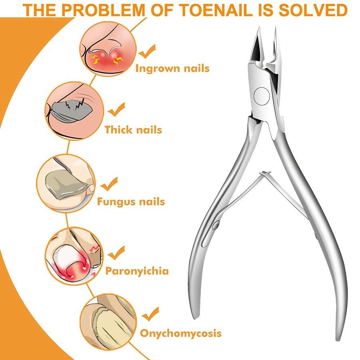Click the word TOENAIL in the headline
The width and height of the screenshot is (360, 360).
click(215, 10)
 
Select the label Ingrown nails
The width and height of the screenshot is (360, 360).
click(172, 68)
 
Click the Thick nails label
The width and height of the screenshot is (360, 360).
click(133, 130)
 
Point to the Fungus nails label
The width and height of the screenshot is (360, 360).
click(131, 202)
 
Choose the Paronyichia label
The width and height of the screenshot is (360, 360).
click(137, 271)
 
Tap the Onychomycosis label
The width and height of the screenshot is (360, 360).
click(181, 333)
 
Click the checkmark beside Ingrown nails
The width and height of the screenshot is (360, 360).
click(147, 52)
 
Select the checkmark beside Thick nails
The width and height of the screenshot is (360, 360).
click(117, 110)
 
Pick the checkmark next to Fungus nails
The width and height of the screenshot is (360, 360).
click(109, 184)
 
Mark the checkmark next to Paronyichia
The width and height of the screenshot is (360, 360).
click(116, 252)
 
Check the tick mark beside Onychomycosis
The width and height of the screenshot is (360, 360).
click(150, 314)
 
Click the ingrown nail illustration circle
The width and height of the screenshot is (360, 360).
click(108, 48)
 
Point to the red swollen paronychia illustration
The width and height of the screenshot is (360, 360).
click(74, 256)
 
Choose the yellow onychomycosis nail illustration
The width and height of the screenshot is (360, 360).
click(108, 322)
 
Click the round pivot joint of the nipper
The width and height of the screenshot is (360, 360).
click(262, 96)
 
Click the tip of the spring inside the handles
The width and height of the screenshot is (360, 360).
click(265, 173)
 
